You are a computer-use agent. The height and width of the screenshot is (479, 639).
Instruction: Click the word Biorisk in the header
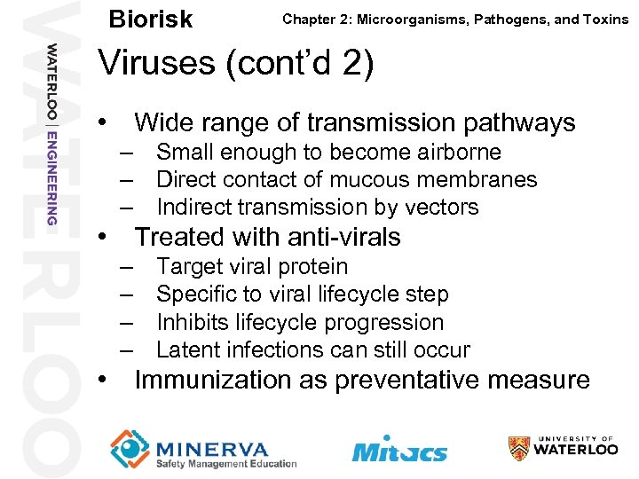pyautogui.click(x=149, y=20)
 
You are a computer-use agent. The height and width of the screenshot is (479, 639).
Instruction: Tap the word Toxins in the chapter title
pyautogui.click(x=603, y=19)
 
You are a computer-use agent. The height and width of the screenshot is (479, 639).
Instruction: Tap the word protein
pyautogui.click(x=312, y=267)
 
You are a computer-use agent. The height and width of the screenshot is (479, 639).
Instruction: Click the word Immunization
pyautogui.click(x=212, y=381)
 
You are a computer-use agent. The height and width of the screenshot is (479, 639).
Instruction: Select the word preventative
pyautogui.click(x=415, y=381)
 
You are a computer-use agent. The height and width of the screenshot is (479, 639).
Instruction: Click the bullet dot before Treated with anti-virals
pyautogui.click(x=105, y=238)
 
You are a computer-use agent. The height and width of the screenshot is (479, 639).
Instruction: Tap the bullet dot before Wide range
pyautogui.click(x=105, y=122)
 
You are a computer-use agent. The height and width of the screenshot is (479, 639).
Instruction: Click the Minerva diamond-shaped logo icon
pyautogui.click(x=130, y=448)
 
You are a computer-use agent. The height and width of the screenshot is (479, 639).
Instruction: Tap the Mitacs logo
pyautogui.click(x=399, y=450)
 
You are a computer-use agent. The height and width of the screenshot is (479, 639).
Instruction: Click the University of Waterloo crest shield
pyautogui.click(x=519, y=448)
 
